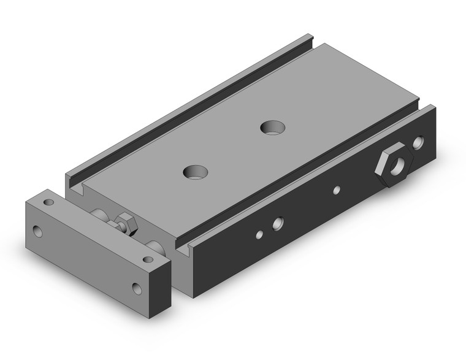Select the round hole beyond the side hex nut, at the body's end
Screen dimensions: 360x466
tap(419, 144)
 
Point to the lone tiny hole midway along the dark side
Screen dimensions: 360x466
tap(336, 190)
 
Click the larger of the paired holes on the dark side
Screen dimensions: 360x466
tap(278, 223)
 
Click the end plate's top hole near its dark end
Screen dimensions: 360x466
tap(147, 259)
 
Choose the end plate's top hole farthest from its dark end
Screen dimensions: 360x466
tap(49, 202)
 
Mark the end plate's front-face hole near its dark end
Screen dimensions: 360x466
tap(136, 287)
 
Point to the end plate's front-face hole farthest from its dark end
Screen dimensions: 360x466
tap(38, 232)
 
